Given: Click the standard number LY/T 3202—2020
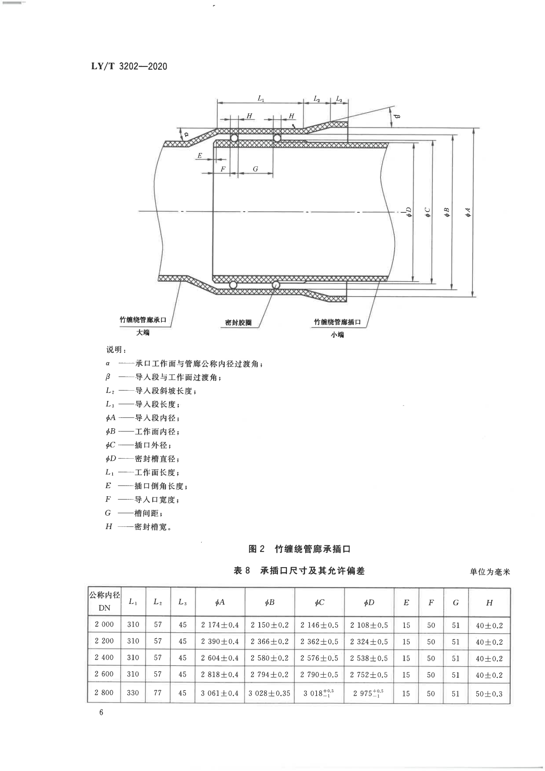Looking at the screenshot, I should pos(129,66).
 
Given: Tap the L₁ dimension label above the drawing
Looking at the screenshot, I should pos(261,98).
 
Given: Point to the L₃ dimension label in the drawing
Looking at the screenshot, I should pos(339,99).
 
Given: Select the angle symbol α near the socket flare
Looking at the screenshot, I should pos(186,134).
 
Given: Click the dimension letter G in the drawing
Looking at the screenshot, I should pos(255,169).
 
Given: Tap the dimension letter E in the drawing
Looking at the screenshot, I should pos(200,156).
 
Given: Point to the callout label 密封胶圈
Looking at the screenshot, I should pos(238,323).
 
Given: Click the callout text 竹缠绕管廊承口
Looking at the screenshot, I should pos(143,320).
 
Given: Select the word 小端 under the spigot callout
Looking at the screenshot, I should pos(337,335).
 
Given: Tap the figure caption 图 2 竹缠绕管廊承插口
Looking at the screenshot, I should pos(299,549).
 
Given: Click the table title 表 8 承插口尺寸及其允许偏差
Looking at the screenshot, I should pos(299,571).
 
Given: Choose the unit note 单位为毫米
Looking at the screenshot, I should pos(490,572).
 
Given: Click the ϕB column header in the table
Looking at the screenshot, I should pos(270,603).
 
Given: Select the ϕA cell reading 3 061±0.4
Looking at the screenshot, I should pos(220,693).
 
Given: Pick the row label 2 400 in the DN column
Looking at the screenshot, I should pos(104,658).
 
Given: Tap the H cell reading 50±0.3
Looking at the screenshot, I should pos(489,694).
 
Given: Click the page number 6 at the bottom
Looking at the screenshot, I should pos(101,712).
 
